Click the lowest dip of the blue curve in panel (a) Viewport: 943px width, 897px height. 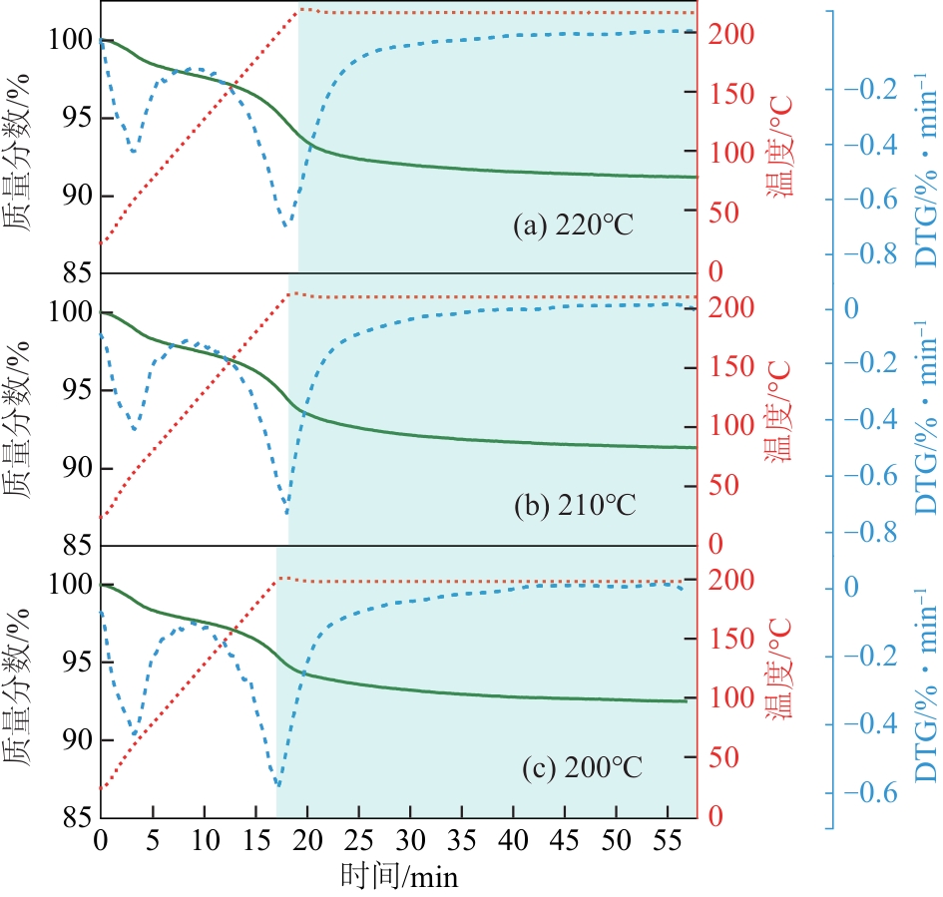point(287,226)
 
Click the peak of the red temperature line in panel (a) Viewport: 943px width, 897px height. point(301,9)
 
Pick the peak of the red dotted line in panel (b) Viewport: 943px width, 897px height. point(290,293)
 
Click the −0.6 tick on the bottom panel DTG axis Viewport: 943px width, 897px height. point(867,793)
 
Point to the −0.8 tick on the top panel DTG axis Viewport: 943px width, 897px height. point(867,253)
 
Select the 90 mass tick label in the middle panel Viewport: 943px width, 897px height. point(73,468)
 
